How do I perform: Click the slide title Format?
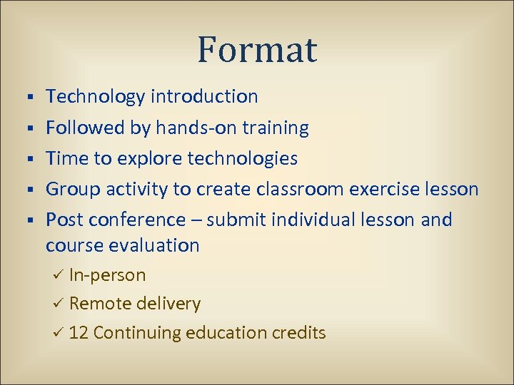pos(257,50)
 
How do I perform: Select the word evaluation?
pos(154,245)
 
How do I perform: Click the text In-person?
pos(107,275)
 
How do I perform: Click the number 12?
pos(79,332)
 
